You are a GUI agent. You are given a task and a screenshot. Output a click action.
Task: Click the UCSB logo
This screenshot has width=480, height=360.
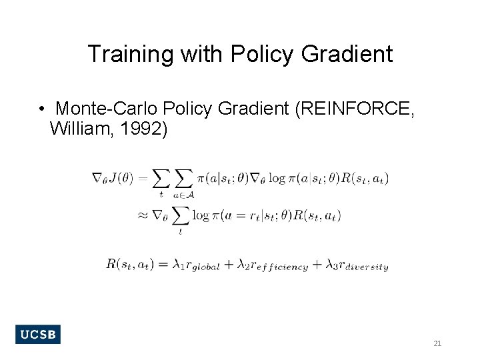coord(38,334)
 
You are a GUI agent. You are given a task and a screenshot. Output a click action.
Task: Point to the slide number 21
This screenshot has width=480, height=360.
coord(437,343)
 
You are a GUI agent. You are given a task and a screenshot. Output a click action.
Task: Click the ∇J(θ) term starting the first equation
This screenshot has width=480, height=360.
coord(113,178)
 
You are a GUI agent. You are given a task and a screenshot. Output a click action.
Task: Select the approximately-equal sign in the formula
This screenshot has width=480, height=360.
coord(142,215)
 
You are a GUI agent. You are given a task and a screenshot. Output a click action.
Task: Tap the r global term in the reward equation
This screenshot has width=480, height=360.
coord(204,264)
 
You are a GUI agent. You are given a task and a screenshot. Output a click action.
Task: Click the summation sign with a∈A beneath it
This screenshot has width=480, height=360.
coord(182,179)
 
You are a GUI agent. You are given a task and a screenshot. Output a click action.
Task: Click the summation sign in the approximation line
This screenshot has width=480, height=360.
coord(180,216)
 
